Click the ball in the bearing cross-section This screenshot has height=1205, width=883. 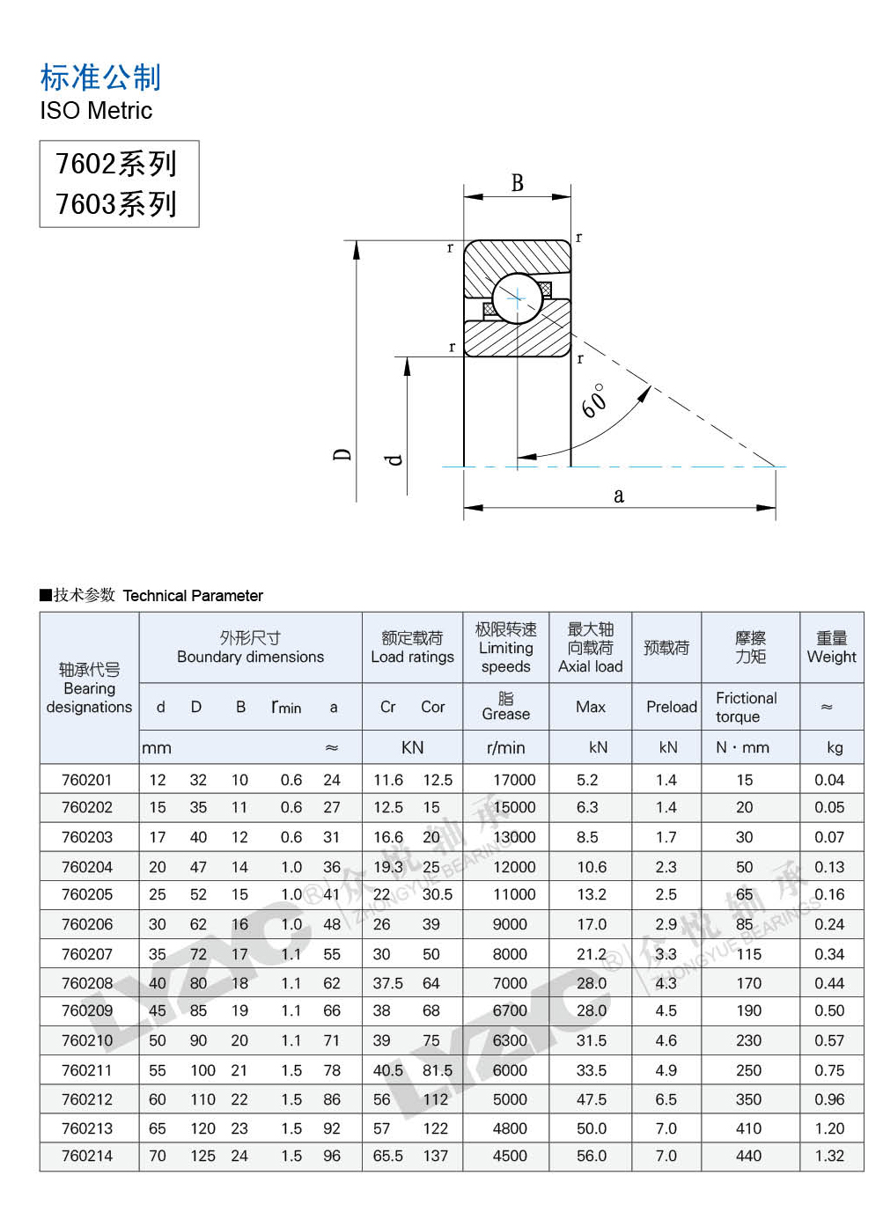point(517,298)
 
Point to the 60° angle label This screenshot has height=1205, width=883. point(594,400)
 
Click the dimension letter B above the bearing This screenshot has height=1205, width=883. point(518,183)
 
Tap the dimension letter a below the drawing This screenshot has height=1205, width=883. point(619,496)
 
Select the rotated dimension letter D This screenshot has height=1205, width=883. point(342,454)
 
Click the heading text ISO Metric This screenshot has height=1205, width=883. point(96,111)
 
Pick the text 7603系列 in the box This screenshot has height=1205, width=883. point(116,204)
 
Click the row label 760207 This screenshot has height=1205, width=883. point(87,954)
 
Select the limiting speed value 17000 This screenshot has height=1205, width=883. point(514,780)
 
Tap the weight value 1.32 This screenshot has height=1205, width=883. point(829,1156)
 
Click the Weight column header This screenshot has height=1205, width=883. point(831,648)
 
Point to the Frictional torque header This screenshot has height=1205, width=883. point(746,707)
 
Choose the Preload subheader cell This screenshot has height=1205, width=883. point(671,707)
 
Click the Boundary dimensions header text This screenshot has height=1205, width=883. point(250,657)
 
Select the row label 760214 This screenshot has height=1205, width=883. point(87,1156)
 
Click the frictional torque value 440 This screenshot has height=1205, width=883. point(748,1156)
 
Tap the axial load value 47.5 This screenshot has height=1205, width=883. point(592,1099)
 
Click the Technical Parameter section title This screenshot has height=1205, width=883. point(193,596)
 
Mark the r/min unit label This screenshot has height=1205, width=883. point(505,748)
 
